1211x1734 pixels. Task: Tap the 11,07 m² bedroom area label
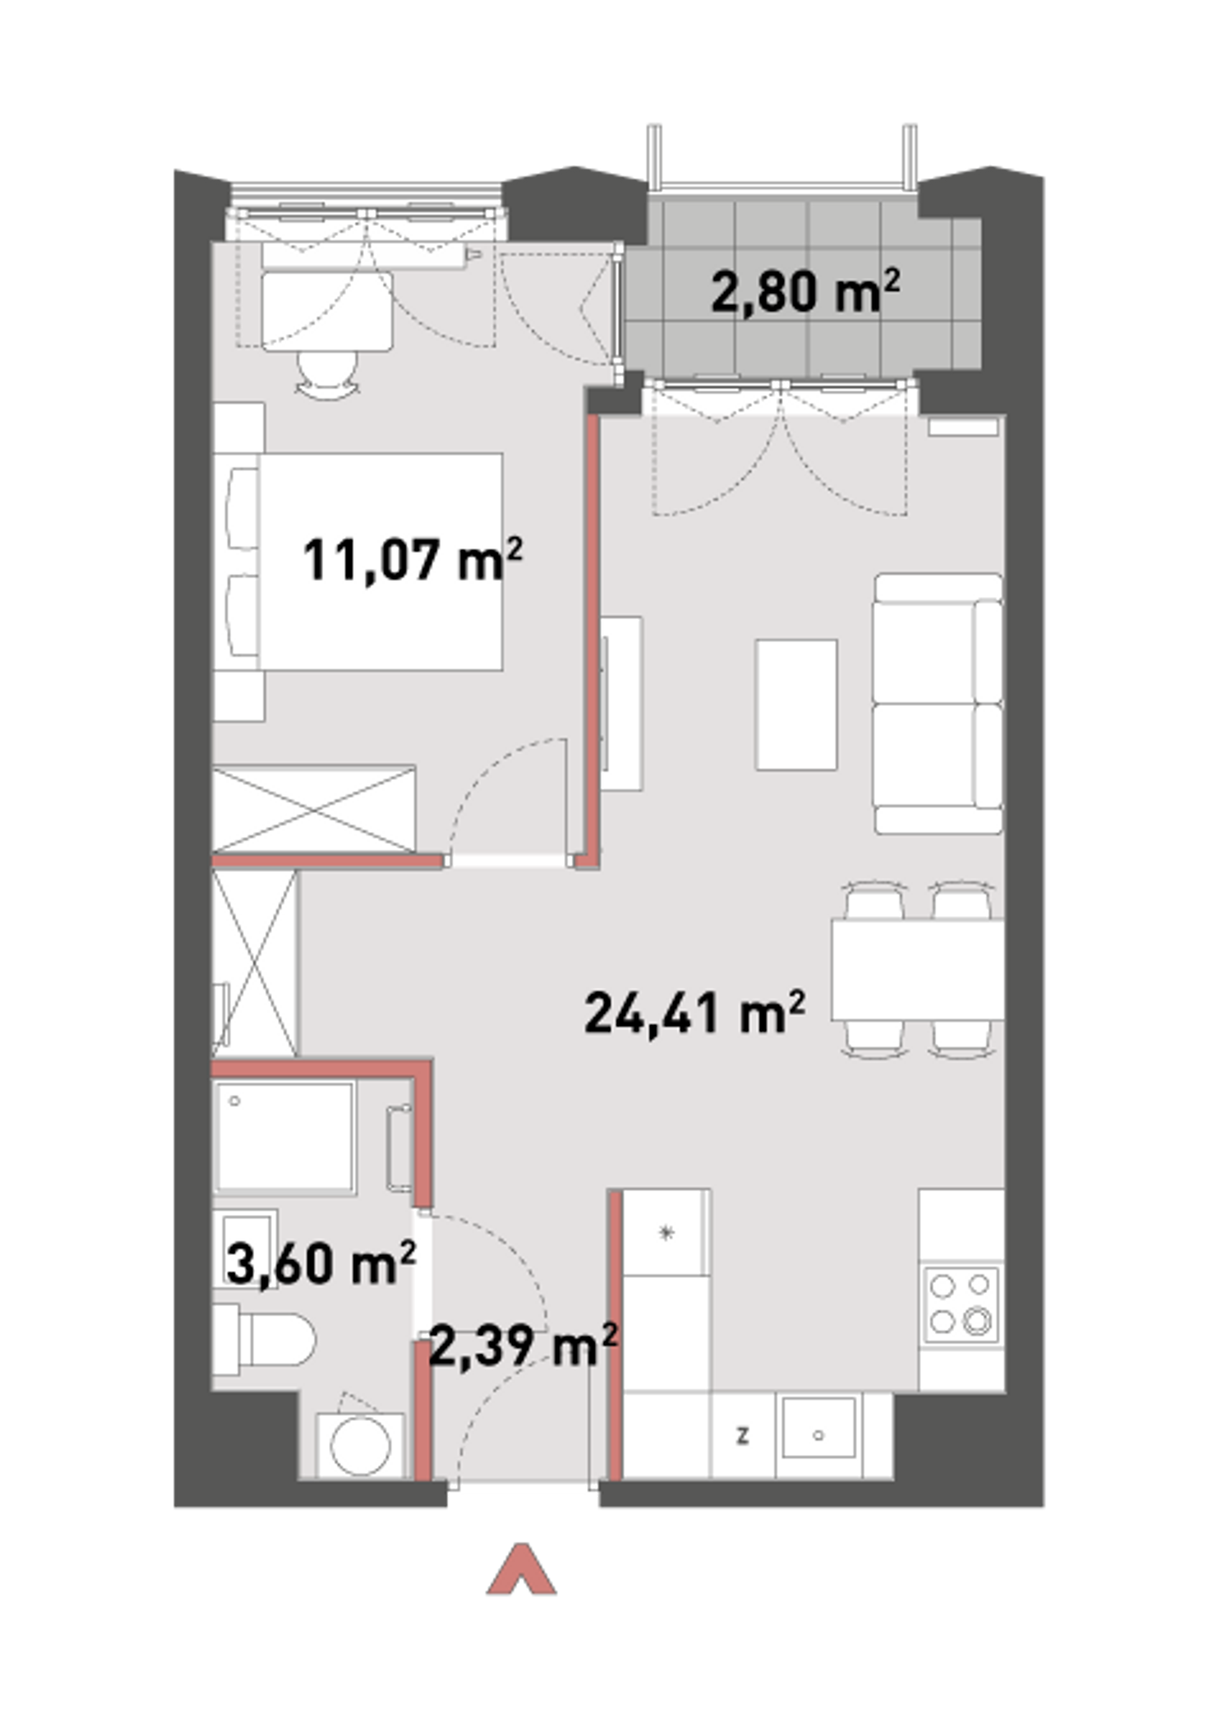click(412, 559)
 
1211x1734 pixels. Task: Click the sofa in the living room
click(938, 704)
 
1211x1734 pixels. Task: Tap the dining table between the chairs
click(917, 970)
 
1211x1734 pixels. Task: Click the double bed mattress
click(380, 561)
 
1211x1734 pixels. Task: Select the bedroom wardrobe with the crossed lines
click(314, 810)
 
